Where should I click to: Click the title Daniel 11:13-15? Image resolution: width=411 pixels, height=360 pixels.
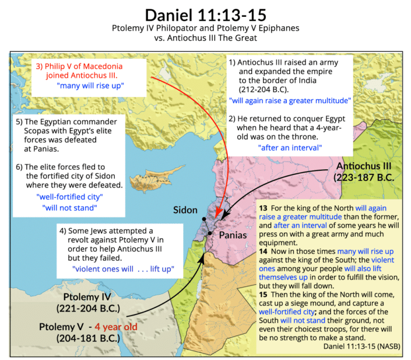coord(205,13)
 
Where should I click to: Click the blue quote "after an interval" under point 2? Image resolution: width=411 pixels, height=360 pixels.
coord(290,146)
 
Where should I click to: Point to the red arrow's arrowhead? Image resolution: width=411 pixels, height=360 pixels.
coord(218,214)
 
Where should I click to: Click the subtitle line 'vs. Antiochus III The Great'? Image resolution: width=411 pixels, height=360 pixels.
coord(205,39)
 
